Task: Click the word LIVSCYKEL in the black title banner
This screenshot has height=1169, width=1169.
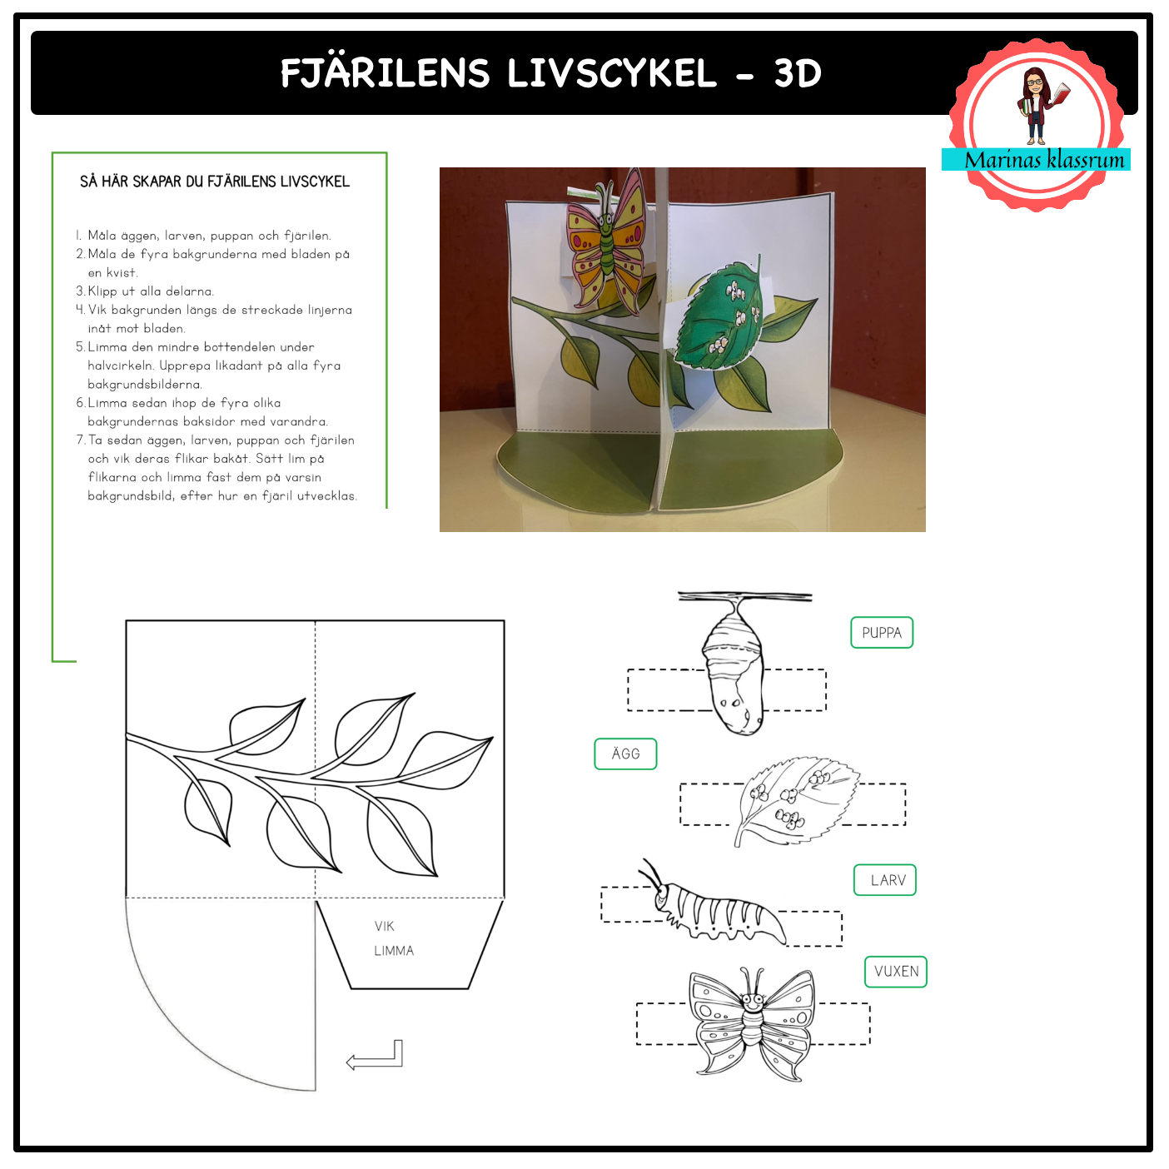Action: point(614,74)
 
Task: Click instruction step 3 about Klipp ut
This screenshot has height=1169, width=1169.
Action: point(146,292)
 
